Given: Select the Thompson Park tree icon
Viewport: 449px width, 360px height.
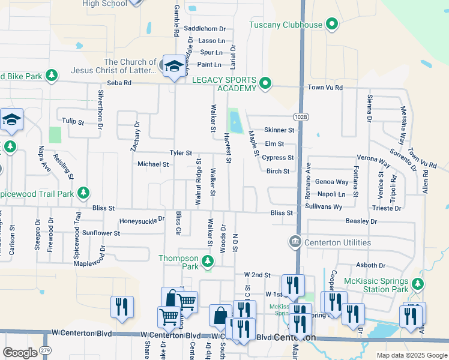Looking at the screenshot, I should (208, 261).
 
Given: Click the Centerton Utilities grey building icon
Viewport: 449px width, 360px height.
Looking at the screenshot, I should (295, 242).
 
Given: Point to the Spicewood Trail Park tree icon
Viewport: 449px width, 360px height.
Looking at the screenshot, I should (85, 193).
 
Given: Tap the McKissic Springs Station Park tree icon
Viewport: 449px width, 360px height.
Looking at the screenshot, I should (418, 283).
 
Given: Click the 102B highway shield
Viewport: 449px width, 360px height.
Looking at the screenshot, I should (301, 115).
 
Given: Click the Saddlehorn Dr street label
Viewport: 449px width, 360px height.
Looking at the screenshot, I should (205, 29).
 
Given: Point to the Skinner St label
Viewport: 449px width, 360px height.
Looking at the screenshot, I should (279, 130).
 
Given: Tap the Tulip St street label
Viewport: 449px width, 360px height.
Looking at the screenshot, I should (73, 122).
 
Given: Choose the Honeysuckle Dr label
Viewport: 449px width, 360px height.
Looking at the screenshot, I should (142, 220).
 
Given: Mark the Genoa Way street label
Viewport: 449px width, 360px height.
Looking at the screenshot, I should (332, 182).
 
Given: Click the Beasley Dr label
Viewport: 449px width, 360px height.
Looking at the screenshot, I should (361, 221).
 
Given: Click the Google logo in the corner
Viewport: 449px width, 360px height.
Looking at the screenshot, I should (20, 353).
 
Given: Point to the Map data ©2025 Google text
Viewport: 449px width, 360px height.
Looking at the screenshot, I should (411, 355).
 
